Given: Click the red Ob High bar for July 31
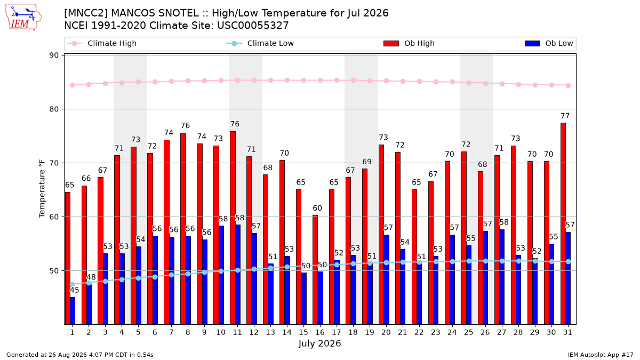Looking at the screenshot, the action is (x=563, y=223).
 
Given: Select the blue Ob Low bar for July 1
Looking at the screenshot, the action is (x=73, y=310).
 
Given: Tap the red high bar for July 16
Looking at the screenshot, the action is (x=315, y=270).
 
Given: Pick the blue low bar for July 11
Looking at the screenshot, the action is (x=238, y=274).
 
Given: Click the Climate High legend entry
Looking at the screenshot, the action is (x=101, y=43).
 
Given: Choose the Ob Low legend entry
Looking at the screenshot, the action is (x=549, y=43).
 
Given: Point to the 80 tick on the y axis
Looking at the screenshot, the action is (x=54, y=109).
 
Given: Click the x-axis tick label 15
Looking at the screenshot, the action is (x=303, y=332).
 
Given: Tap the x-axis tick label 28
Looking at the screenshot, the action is (x=518, y=332).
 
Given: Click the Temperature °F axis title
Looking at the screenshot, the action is (x=42, y=189).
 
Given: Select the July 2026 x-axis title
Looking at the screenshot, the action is (x=319, y=343).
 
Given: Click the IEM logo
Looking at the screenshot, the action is (x=23, y=18).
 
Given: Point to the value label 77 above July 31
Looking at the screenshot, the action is (x=565, y=116).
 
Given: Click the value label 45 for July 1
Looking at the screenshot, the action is (x=74, y=290).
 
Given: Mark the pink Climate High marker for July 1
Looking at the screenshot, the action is (x=73, y=85).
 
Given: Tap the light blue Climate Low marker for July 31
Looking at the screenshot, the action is (x=568, y=261).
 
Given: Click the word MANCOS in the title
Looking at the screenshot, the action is (x=155, y=13).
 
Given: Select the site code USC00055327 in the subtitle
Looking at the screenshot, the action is (x=253, y=26).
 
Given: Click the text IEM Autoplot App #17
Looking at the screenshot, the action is (x=601, y=355).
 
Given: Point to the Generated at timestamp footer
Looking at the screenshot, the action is (x=79, y=355).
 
